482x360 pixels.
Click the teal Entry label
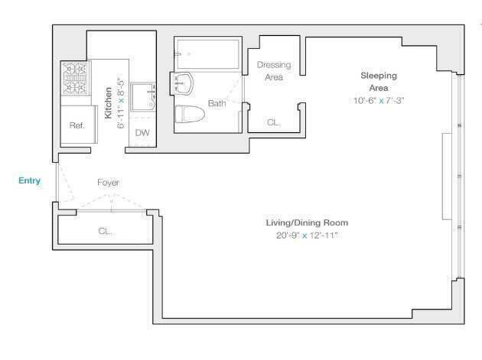pos(30,180)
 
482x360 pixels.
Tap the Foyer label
pos(108,183)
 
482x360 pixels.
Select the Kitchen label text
pos(108,102)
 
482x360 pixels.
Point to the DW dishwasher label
pos(142,133)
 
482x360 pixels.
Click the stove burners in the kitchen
pos(75,78)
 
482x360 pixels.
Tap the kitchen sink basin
pos(143,96)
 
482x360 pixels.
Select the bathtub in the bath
pos(208,54)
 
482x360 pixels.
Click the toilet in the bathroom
pos(190,114)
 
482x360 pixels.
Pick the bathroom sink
pos(182,83)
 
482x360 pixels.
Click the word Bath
pos(217,103)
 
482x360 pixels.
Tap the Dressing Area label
pos(274,71)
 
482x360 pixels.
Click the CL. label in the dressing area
pos(273,122)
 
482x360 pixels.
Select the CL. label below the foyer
pos(105,231)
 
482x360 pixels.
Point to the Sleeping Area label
pos(379,82)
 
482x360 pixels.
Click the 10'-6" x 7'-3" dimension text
pos(379,100)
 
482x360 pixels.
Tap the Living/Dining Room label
pos(307,222)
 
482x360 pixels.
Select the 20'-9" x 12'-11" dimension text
pos(307,235)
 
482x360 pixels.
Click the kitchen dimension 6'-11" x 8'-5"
pos(121,101)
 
